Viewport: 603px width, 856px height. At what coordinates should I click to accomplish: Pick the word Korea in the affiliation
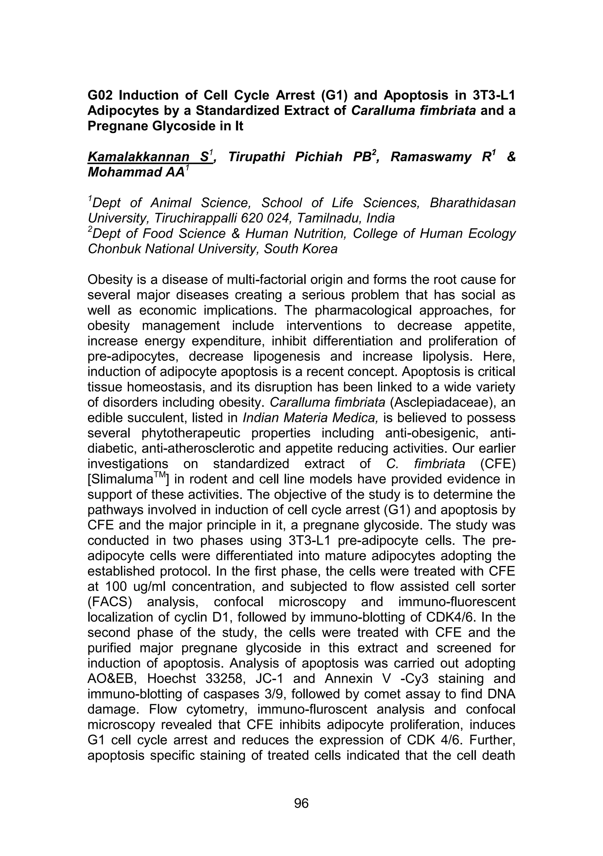[x=319, y=249]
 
